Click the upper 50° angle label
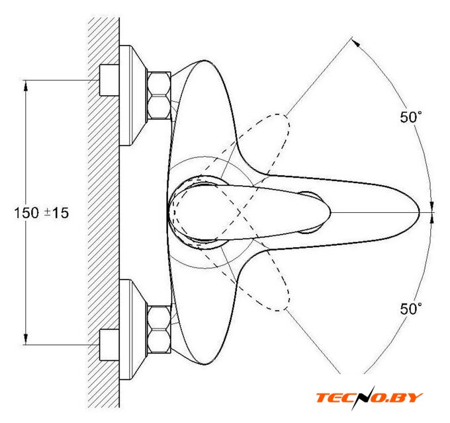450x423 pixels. pos(411,117)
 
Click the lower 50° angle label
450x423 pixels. pos(411,309)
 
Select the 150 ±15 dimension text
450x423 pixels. pos(42,213)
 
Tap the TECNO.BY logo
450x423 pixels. pos(369,398)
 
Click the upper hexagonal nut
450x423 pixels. pos(159,95)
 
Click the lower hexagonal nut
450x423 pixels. pos(159,329)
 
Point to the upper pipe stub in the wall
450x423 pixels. pos(109,80)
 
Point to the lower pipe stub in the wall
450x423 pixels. pos(109,345)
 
